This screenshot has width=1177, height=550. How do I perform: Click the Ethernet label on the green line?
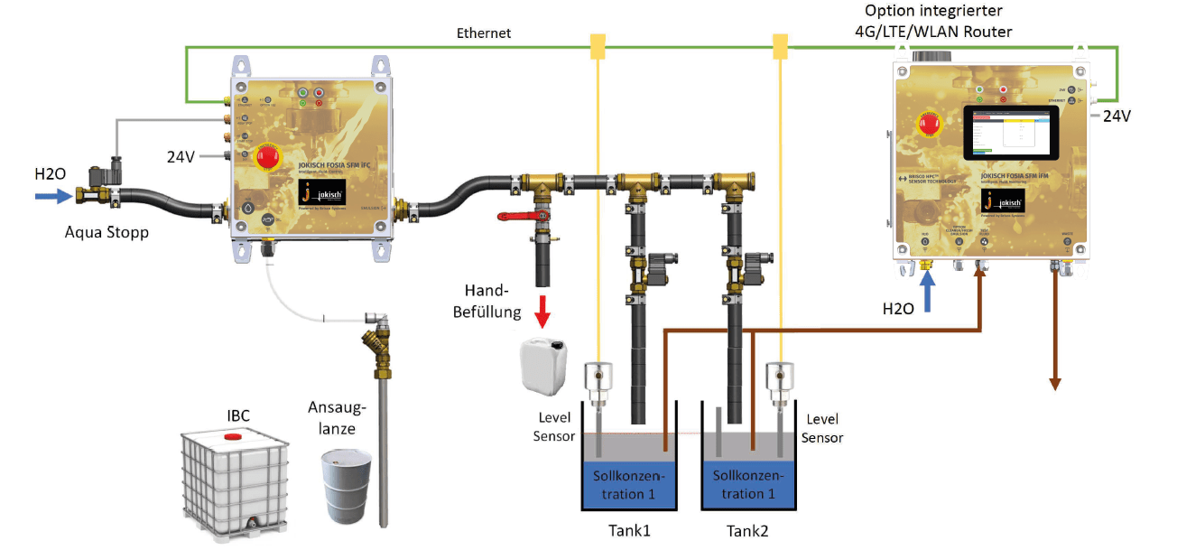tap(484, 33)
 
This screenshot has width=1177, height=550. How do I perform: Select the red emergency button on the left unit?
tap(268, 156)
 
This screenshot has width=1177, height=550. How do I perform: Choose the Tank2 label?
tap(748, 530)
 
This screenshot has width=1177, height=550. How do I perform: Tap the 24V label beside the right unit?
tap(1117, 116)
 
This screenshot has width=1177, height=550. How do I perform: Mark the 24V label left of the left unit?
tap(182, 155)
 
